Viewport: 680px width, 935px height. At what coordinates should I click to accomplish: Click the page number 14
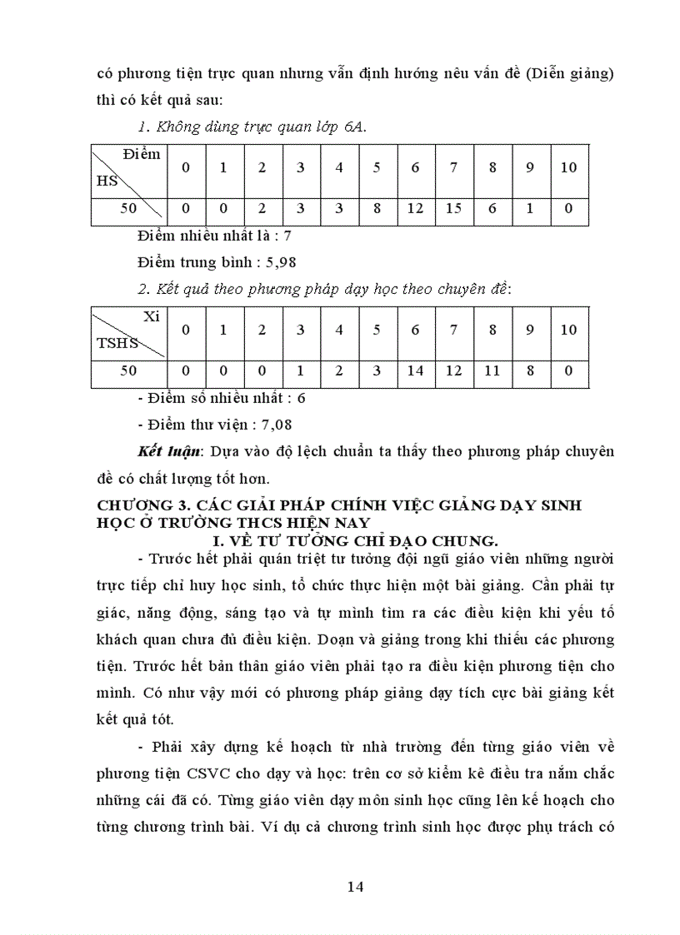356,886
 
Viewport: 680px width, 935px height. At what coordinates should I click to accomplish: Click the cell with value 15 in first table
454,208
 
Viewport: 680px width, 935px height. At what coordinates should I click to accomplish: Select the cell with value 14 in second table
416,371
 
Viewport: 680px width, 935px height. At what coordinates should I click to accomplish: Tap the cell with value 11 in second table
492,371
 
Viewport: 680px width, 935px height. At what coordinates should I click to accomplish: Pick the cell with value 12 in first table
416,208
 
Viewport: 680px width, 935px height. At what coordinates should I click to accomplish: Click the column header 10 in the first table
568,167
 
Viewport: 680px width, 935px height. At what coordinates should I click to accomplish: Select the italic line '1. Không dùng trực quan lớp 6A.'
252,127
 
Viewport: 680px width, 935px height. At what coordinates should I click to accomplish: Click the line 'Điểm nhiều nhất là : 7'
214,236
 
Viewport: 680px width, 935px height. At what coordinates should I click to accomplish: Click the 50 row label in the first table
128,208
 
